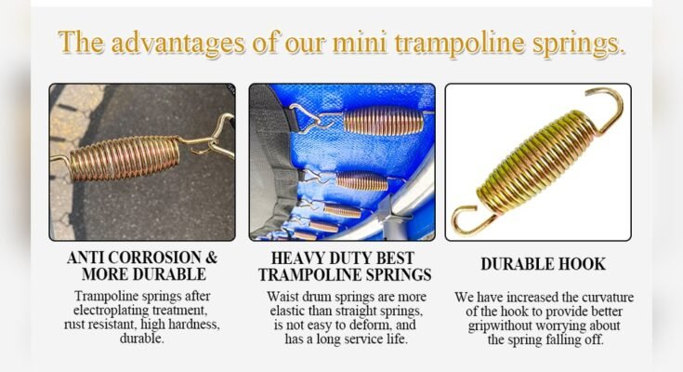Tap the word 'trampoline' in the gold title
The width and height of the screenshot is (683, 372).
(438, 43)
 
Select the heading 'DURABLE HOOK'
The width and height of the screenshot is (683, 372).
(543, 265)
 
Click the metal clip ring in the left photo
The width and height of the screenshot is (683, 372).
(216, 139)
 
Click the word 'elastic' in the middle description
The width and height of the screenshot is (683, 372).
(294, 311)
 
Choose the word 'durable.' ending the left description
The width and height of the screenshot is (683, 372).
(142, 339)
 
